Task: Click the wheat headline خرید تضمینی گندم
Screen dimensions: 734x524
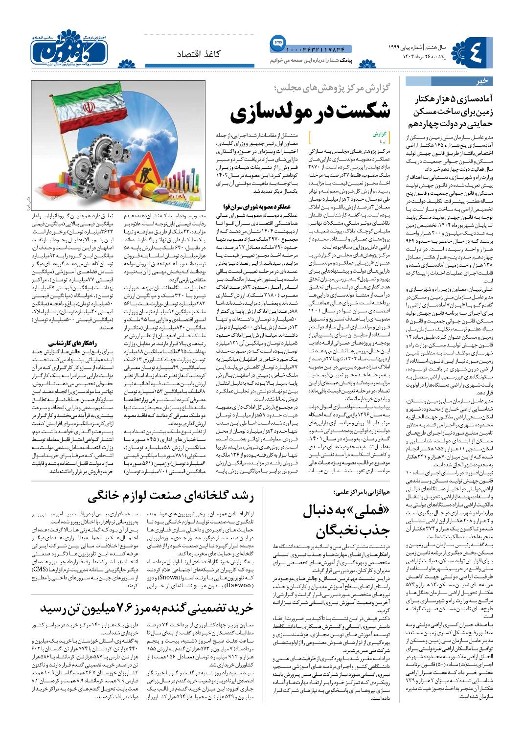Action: tap(147, 608)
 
